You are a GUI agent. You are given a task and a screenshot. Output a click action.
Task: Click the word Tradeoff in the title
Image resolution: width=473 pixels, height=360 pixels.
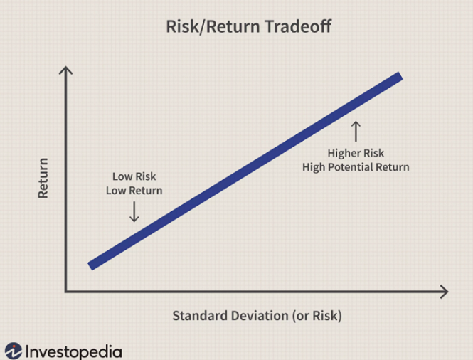tap(298, 26)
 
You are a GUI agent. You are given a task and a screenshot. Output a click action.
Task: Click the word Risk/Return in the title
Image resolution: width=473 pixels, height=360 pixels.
tap(213, 26)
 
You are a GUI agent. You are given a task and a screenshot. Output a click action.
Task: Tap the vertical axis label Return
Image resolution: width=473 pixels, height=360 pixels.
tap(43, 178)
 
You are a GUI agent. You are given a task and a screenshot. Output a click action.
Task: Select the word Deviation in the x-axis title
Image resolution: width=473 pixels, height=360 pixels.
tap(260, 316)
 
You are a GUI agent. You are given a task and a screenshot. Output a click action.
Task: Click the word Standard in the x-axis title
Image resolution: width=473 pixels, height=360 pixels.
tap(200, 316)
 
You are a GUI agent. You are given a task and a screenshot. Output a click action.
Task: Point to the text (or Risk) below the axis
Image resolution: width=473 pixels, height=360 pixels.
tap(317, 316)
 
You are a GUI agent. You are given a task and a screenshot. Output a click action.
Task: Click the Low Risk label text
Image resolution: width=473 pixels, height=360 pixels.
tap(134, 176)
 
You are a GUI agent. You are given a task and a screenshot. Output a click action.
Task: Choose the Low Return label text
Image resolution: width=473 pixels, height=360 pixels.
tap(134, 191)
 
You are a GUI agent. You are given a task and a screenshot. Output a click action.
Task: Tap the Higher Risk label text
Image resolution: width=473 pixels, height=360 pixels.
tap(356, 153)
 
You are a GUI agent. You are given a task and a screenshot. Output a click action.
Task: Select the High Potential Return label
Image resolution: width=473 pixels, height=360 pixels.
tap(356, 167)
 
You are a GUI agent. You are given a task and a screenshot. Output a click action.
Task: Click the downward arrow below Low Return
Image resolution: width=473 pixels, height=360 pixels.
tap(134, 212)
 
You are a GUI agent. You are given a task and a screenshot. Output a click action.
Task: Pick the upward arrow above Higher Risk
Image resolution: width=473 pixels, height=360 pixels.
tap(356, 132)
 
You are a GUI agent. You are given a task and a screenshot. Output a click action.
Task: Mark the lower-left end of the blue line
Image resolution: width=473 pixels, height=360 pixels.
tap(90, 267)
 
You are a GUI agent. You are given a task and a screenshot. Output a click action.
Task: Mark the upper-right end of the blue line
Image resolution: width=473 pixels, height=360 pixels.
tap(401, 76)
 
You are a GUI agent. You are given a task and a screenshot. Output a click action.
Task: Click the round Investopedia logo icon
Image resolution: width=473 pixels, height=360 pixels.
tap(14, 351)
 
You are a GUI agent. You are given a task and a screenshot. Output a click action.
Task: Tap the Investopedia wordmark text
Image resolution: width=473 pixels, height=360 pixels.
tap(74, 352)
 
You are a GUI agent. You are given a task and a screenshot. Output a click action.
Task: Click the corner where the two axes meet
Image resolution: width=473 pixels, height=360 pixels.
tap(65, 292)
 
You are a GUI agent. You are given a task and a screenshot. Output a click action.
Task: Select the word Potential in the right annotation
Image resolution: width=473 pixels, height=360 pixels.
tap(356, 167)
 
